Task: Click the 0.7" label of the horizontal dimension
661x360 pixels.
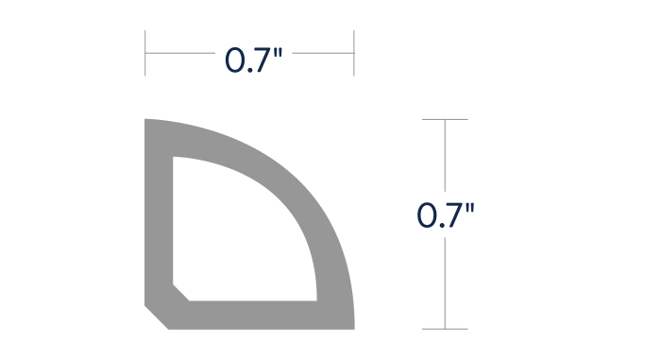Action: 253,60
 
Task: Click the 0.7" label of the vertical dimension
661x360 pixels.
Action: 445,215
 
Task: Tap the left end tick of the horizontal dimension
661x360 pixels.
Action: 145,53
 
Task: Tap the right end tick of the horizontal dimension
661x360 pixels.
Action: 354,53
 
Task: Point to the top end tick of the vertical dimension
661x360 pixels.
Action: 445,119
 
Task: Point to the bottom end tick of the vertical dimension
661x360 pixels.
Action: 445,329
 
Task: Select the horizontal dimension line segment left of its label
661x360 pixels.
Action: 180,53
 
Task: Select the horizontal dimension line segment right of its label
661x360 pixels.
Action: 323,53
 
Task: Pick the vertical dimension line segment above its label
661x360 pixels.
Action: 445,155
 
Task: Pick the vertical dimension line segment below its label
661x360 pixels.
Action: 445,283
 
